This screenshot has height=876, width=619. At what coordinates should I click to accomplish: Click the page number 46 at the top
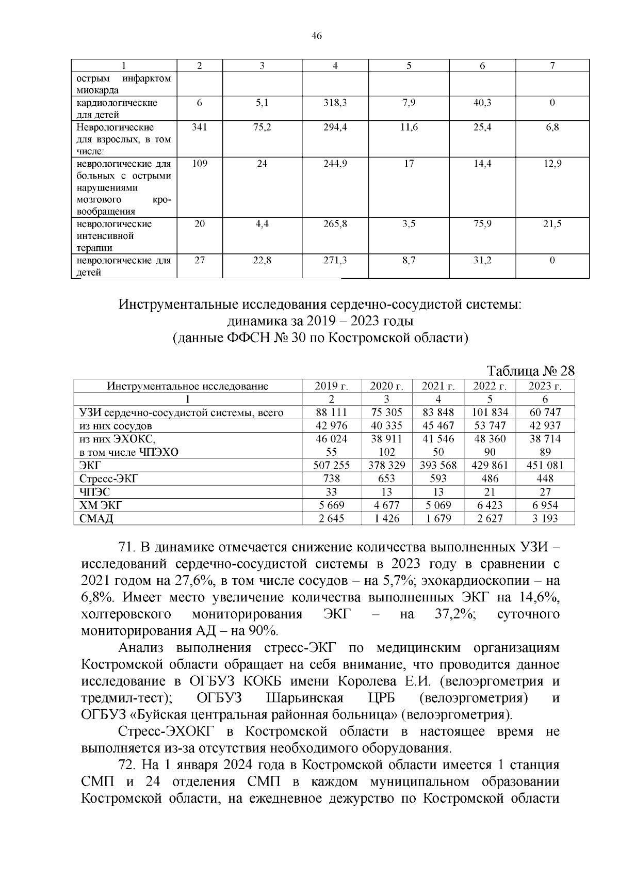coord(317,36)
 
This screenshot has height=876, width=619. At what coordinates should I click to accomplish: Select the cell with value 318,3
coord(335,103)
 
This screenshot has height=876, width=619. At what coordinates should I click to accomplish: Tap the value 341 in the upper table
coord(199,127)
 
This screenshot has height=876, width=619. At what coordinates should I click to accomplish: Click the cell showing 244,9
coord(335,164)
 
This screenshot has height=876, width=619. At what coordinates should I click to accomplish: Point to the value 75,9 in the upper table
coord(482,224)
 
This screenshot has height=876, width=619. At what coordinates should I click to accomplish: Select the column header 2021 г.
coord(438,386)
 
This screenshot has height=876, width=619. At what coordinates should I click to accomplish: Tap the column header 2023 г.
coord(545,386)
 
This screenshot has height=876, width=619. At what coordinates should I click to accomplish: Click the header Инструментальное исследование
coord(188,386)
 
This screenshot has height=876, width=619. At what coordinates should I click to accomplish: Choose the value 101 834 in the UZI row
coord(490,412)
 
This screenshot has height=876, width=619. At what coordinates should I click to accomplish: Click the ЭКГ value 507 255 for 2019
coord(331,465)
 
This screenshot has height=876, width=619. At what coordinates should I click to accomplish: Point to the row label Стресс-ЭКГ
coord(109,479)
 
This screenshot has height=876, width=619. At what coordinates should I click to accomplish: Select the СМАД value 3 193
coord(545,518)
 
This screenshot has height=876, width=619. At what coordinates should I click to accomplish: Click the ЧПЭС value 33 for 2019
coord(331,492)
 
